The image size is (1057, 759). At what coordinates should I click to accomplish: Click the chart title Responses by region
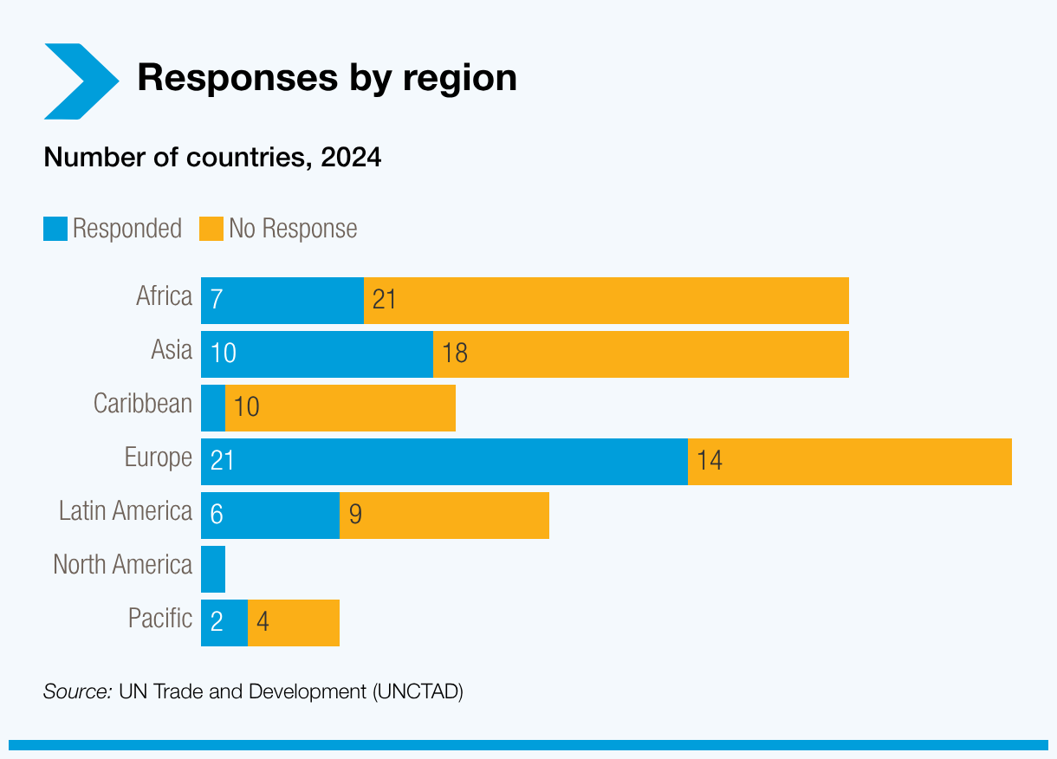click(x=327, y=78)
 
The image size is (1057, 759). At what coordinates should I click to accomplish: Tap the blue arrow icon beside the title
click(x=81, y=81)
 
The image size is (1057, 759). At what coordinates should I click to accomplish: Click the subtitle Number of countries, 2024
click(x=212, y=158)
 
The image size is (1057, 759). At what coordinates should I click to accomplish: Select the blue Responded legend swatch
click(x=55, y=229)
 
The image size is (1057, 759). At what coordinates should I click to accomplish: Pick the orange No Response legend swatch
click(x=211, y=229)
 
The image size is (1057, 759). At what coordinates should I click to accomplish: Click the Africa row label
click(x=164, y=297)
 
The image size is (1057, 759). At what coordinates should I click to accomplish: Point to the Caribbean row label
click(x=143, y=404)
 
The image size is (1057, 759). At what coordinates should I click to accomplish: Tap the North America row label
click(x=122, y=565)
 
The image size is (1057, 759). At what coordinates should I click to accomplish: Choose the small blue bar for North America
click(x=213, y=569)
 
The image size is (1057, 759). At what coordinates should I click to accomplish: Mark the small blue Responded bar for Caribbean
click(x=213, y=408)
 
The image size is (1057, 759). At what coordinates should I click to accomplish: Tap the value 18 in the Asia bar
click(x=455, y=354)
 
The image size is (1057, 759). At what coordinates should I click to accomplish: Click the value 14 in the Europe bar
click(x=710, y=461)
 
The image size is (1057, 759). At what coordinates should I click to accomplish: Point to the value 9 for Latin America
click(x=355, y=515)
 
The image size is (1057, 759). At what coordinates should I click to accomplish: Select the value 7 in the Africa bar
click(x=217, y=300)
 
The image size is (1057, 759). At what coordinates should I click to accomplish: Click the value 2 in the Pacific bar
click(x=217, y=623)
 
